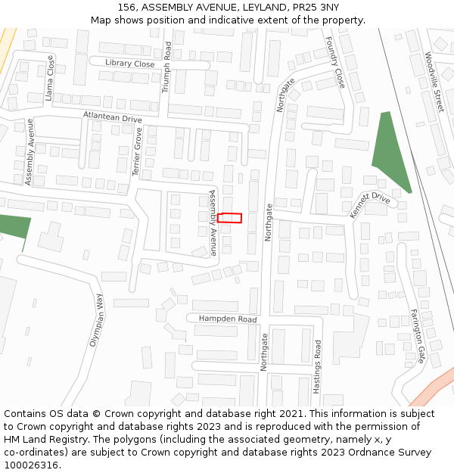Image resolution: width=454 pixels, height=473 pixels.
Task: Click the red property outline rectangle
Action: click(229, 218)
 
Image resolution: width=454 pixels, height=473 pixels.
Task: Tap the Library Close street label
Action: click(130, 64)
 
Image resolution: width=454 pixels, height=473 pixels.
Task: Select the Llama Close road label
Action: click(50, 79)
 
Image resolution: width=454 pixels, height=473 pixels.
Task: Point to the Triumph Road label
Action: click(167, 67)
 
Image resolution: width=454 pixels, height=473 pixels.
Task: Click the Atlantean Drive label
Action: click(113, 117)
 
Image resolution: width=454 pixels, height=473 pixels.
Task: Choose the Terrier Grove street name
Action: click(138, 151)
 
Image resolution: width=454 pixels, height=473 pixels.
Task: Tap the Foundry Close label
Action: click(334, 61)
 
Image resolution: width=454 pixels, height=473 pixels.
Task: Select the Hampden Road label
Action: click(228, 319)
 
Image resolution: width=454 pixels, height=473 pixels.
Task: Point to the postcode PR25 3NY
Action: click(313, 8)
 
